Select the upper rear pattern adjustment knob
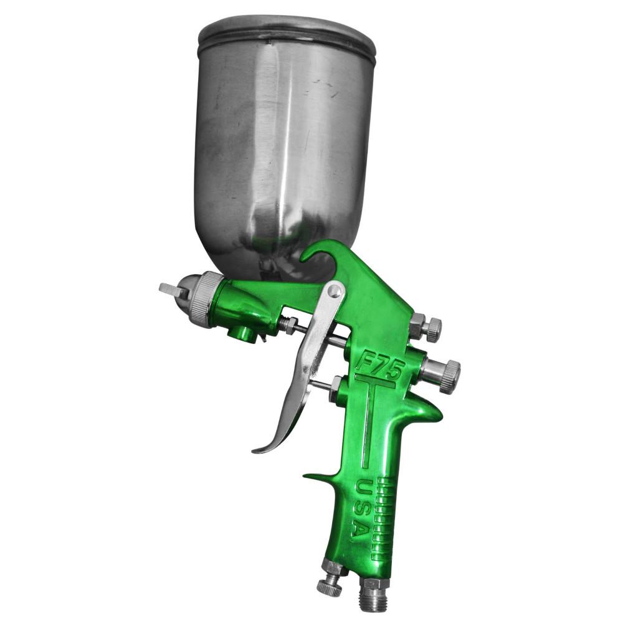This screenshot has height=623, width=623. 430,328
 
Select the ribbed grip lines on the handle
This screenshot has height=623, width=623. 376,517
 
